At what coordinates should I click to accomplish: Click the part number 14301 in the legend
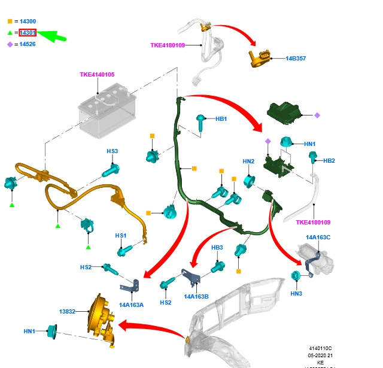[x=28, y=32]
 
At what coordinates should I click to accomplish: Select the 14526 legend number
[x=28, y=44]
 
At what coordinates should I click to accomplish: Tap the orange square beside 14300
[x=10, y=21]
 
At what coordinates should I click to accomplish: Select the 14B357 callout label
[x=296, y=59]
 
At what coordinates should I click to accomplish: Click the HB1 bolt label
[x=221, y=119]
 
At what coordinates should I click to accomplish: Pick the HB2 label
[x=329, y=160]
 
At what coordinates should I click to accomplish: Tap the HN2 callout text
[x=248, y=161]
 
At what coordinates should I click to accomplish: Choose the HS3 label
[x=113, y=151]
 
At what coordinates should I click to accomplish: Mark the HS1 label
[x=121, y=236]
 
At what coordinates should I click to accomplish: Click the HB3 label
[x=217, y=247]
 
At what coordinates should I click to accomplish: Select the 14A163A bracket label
[x=131, y=305]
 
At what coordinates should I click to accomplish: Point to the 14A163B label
[x=196, y=296]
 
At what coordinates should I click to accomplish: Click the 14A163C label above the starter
[x=318, y=238]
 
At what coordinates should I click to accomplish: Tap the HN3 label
[x=296, y=293]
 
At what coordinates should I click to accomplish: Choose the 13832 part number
[x=67, y=312]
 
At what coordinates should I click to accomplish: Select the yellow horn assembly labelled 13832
[x=101, y=320]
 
